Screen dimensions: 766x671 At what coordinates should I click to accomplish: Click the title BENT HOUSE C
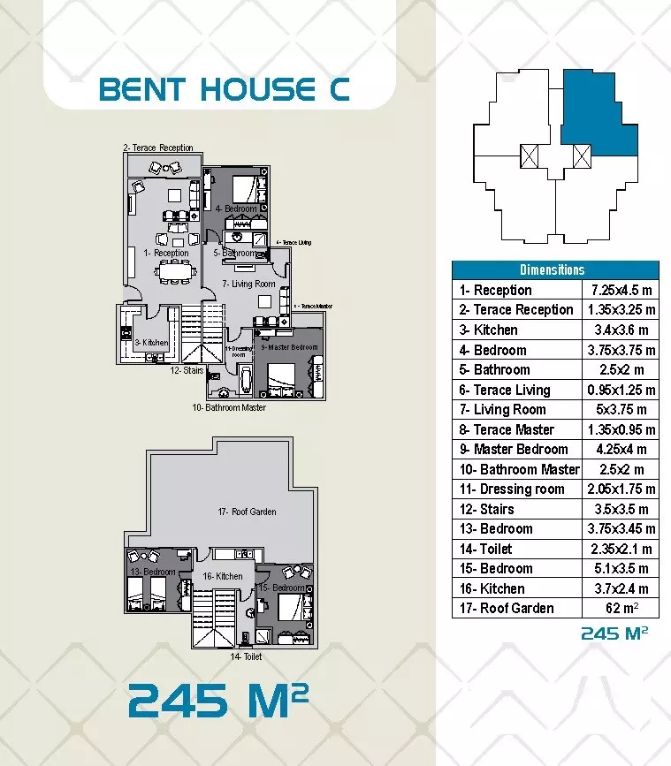pos(225,89)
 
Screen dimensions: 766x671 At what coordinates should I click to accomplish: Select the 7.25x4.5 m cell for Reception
pos(621,290)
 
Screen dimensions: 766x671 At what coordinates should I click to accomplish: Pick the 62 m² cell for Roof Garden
pos(621,608)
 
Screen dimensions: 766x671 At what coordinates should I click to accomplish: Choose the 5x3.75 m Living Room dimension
pos(621,409)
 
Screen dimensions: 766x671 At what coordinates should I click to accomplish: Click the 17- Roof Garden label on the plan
pos(247,512)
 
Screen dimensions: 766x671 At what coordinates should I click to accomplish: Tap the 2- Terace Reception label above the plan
pos(158,148)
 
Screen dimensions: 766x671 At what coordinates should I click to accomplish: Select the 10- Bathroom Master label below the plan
pos(229,407)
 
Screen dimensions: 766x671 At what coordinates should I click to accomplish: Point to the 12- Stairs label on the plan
pos(187,371)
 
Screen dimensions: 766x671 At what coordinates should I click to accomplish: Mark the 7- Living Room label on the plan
pos(248,284)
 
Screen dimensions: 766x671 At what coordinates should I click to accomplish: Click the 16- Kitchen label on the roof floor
pos(223,576)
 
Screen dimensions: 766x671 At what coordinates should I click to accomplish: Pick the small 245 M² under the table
pos(619,633)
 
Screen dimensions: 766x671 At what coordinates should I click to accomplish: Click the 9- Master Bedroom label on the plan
pos(289,347)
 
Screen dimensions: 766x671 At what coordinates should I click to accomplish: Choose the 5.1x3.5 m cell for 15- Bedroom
pos(621,568)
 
